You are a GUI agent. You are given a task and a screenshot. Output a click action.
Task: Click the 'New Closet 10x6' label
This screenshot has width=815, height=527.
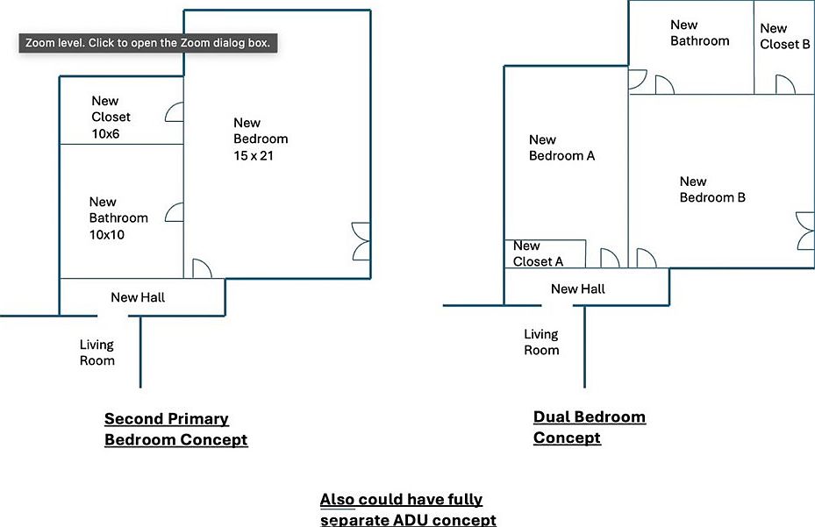click(x=111, y=117)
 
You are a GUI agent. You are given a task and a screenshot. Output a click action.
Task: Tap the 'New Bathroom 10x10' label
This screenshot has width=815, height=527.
click(x=118, y=218)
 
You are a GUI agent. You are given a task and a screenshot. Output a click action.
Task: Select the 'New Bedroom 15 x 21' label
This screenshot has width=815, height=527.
click(x=261, y=139)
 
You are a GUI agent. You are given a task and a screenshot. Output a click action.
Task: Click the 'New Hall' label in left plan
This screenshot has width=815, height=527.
click(x=138, y=297)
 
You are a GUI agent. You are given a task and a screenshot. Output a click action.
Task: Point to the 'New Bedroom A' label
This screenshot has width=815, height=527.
click(x=562, y=147)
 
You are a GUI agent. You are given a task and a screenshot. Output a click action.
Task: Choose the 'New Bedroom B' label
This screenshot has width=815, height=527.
click(x=712, y=189)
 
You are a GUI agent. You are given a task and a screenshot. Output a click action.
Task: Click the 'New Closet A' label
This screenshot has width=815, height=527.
click(x=538, y=253)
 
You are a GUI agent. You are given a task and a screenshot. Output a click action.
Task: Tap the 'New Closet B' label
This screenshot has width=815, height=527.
click(x=784, y=36)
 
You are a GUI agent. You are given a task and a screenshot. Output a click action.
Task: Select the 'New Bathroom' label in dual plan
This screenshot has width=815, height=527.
click(x=699, y=32)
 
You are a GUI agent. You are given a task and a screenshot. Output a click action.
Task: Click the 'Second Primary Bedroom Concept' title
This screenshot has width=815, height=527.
click(x=175, y=429)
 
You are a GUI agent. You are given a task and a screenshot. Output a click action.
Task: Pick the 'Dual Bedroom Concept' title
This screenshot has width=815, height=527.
click(x=589, y=427)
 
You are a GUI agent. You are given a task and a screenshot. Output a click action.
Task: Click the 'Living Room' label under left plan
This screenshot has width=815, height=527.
click(x=97, y=353)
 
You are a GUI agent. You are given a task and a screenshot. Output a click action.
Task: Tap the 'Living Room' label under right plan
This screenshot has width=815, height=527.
click(x=541, y=342)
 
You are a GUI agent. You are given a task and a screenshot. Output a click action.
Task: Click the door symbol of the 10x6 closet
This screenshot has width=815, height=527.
click(x=174, y=111)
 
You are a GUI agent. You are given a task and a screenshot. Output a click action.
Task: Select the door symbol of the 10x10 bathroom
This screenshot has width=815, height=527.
click(x=174, y=211)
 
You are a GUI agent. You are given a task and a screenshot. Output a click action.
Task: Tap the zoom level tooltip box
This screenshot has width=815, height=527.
click(x=148, y=43)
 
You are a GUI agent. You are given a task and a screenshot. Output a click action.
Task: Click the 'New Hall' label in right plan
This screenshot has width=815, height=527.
click(x=577, y=288)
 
